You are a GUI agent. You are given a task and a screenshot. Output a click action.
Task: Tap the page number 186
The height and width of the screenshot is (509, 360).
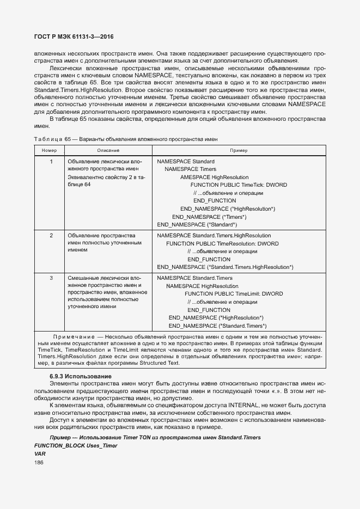click(x=39, y=463)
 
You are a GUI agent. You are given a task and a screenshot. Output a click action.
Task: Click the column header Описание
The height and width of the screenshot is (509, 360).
click(x=108, y=150)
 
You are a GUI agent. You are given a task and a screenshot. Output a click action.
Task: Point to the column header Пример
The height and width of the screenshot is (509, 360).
click(x=238, y=150)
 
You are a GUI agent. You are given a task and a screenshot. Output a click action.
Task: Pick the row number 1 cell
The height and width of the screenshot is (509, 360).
click(x=51, y=162)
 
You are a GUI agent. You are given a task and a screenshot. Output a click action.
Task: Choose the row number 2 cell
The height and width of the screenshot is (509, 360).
click(x=51, y=236)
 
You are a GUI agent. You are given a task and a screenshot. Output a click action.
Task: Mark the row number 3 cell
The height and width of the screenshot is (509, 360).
click(x=51, y=278)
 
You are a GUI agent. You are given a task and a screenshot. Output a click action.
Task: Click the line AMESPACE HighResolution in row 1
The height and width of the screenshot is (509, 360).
click(x=214, y=177)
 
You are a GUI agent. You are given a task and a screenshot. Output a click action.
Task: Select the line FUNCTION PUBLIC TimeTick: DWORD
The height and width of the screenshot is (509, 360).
click(x=239, y=185)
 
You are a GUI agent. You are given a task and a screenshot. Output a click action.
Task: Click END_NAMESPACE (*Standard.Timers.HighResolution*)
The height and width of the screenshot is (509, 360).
click(x=225, y=267)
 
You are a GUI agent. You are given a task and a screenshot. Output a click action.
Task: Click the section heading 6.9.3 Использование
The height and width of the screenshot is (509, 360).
click(x=80, y=377)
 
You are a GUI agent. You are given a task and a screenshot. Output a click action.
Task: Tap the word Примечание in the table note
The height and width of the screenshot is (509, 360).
click(x=72, y=338)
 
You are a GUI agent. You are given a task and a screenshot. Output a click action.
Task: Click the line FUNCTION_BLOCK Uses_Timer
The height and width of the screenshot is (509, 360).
click(x=75, y=445)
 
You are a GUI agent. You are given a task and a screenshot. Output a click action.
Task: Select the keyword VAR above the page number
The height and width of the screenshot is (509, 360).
click(x=40, y=453)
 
